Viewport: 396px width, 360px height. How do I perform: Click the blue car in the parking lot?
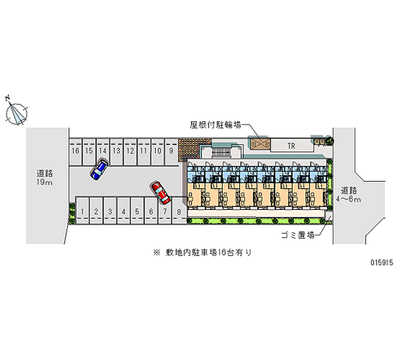[99, 169]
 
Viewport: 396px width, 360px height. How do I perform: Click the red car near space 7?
[160, 193]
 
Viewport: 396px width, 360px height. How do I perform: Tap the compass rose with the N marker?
[17, 113]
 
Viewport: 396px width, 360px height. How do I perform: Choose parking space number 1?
[83, 212]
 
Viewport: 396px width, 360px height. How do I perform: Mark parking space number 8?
[178, 212]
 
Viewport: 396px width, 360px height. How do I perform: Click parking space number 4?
[123, 212]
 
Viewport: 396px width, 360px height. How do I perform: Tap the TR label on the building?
[292, 145]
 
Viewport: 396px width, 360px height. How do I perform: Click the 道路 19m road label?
[45, 178]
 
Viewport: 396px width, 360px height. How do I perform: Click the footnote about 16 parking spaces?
[203, 253]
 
